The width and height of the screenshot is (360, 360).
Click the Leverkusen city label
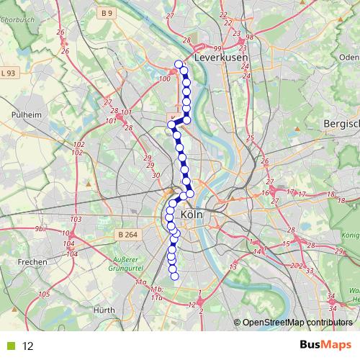(221, 57)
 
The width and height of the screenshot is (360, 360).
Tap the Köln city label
(192, 215)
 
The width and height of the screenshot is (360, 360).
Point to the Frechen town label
(32, 261)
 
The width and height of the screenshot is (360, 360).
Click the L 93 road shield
(9, 73)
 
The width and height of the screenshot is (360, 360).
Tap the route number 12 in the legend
(28, 346)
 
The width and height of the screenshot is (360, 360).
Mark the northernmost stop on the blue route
(179, 64)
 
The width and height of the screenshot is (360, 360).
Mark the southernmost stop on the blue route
(174, 275)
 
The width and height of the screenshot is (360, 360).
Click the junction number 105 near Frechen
(44, 294)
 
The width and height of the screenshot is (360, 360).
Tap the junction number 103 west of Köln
(76, 219)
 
